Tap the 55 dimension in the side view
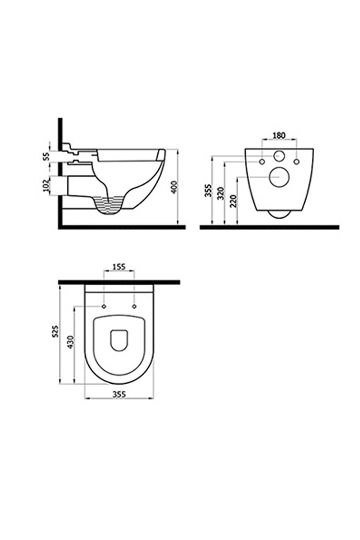[x=46, y=156]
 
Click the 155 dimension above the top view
[x=119, y=267]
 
